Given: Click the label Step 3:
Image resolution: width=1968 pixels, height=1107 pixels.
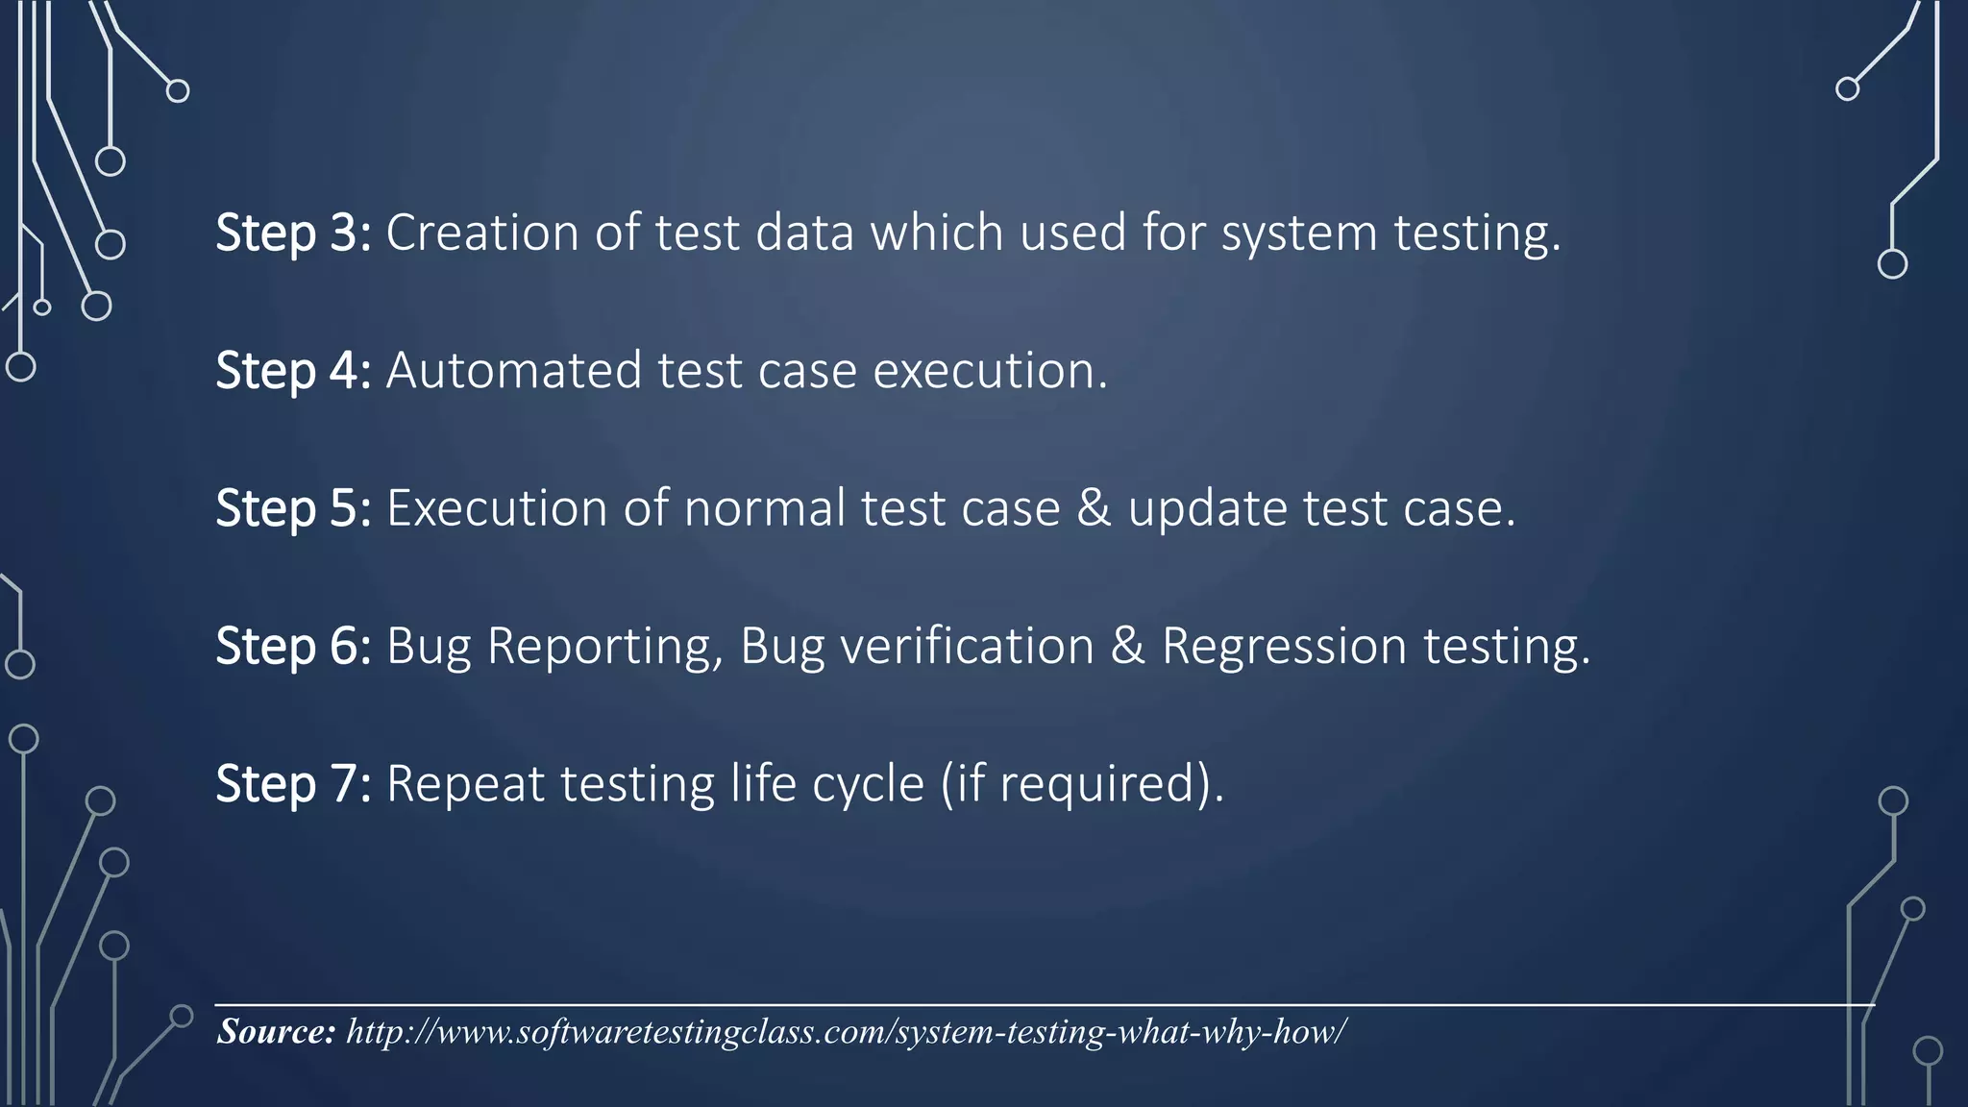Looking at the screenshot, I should coord(292,234).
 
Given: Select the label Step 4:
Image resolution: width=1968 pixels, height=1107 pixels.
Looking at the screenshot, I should coord(292,371).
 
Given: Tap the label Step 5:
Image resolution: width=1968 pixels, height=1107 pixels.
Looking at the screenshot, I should coord(292,508).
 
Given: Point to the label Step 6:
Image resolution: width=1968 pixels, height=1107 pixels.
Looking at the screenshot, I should coord(292,646).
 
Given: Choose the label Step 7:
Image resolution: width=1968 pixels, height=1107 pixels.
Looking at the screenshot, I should coord(292,783).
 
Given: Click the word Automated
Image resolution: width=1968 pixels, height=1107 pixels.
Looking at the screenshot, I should coord(513,371).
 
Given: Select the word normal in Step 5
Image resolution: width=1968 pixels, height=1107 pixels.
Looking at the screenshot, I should coord(764,508).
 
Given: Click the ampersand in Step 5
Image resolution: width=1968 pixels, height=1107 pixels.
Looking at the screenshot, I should coord(1094,508).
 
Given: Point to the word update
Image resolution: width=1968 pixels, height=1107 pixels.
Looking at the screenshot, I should coord(1207,510).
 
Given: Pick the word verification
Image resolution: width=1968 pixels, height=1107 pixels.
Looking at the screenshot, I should coord(967,646).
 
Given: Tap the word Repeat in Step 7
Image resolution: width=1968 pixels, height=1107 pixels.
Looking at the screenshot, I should coord(465,784).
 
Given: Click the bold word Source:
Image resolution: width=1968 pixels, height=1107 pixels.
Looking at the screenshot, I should coord(276,1031).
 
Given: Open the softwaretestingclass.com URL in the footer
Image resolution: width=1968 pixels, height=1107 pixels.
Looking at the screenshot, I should coord(846,1032).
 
